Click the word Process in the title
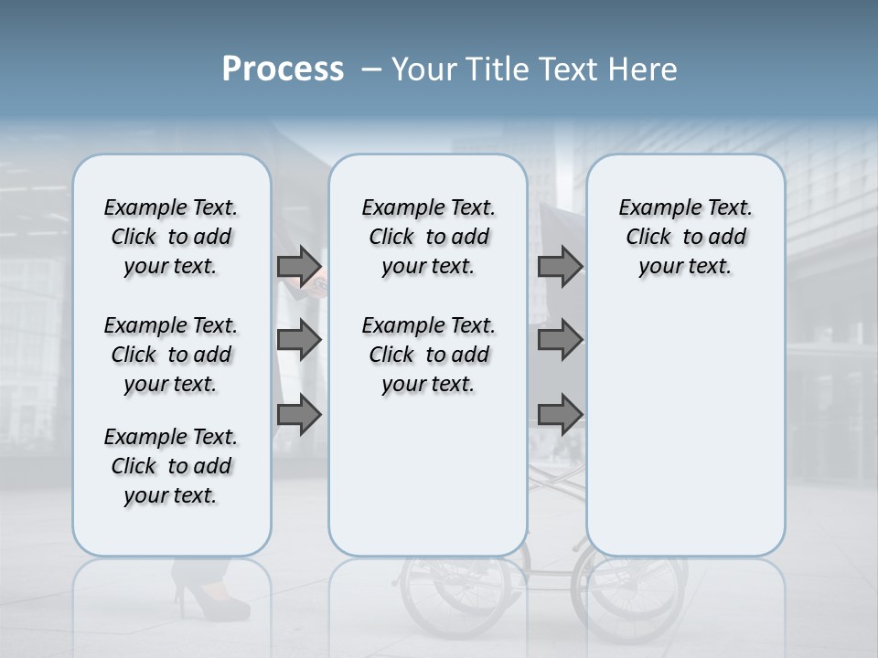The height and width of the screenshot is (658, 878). (283, 69)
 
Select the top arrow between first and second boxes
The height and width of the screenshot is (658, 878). (299, 266)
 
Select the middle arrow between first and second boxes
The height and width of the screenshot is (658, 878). (299, 341)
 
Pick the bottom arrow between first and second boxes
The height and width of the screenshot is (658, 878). (299, 415)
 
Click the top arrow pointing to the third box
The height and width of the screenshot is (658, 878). (560, 266)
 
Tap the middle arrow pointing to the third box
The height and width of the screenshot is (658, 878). (560, 341)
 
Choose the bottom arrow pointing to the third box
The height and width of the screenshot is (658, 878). (560, 415)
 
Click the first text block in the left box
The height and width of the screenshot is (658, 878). (171, 237)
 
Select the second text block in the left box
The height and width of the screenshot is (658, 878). (171, 355)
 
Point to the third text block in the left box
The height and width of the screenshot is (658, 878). (171, 466)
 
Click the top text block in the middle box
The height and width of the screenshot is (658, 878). (428, 237)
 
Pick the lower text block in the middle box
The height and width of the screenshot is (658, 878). (428, 355)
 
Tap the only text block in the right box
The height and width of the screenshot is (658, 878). (686, 237)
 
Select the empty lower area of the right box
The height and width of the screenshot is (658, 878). (686, 430)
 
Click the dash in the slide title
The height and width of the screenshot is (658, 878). (372, 69)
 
